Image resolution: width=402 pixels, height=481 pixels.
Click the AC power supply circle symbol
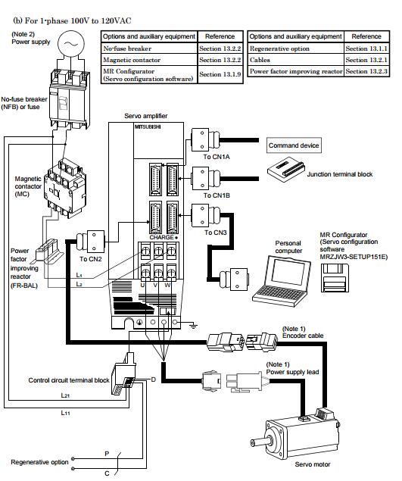71,44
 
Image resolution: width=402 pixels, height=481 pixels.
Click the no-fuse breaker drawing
70,98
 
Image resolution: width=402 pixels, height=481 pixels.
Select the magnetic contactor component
65,188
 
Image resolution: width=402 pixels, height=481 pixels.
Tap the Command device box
294,145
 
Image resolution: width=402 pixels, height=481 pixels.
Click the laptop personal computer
282,280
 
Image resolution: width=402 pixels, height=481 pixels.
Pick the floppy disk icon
335,278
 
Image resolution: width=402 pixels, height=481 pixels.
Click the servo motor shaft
261,442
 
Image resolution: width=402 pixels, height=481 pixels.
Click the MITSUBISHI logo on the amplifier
148,126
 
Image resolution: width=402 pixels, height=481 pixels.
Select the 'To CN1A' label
217,157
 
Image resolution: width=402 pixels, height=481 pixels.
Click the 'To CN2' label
90,259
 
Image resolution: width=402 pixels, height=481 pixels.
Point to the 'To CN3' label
216,233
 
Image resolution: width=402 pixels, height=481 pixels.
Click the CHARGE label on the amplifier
161,237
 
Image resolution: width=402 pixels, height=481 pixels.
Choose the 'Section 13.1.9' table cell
220,74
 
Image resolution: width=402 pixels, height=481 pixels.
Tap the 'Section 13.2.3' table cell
366,71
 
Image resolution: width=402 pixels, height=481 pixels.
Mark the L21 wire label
65,395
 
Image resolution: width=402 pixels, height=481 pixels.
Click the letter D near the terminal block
154,379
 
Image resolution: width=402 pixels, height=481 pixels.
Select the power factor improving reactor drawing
49,251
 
